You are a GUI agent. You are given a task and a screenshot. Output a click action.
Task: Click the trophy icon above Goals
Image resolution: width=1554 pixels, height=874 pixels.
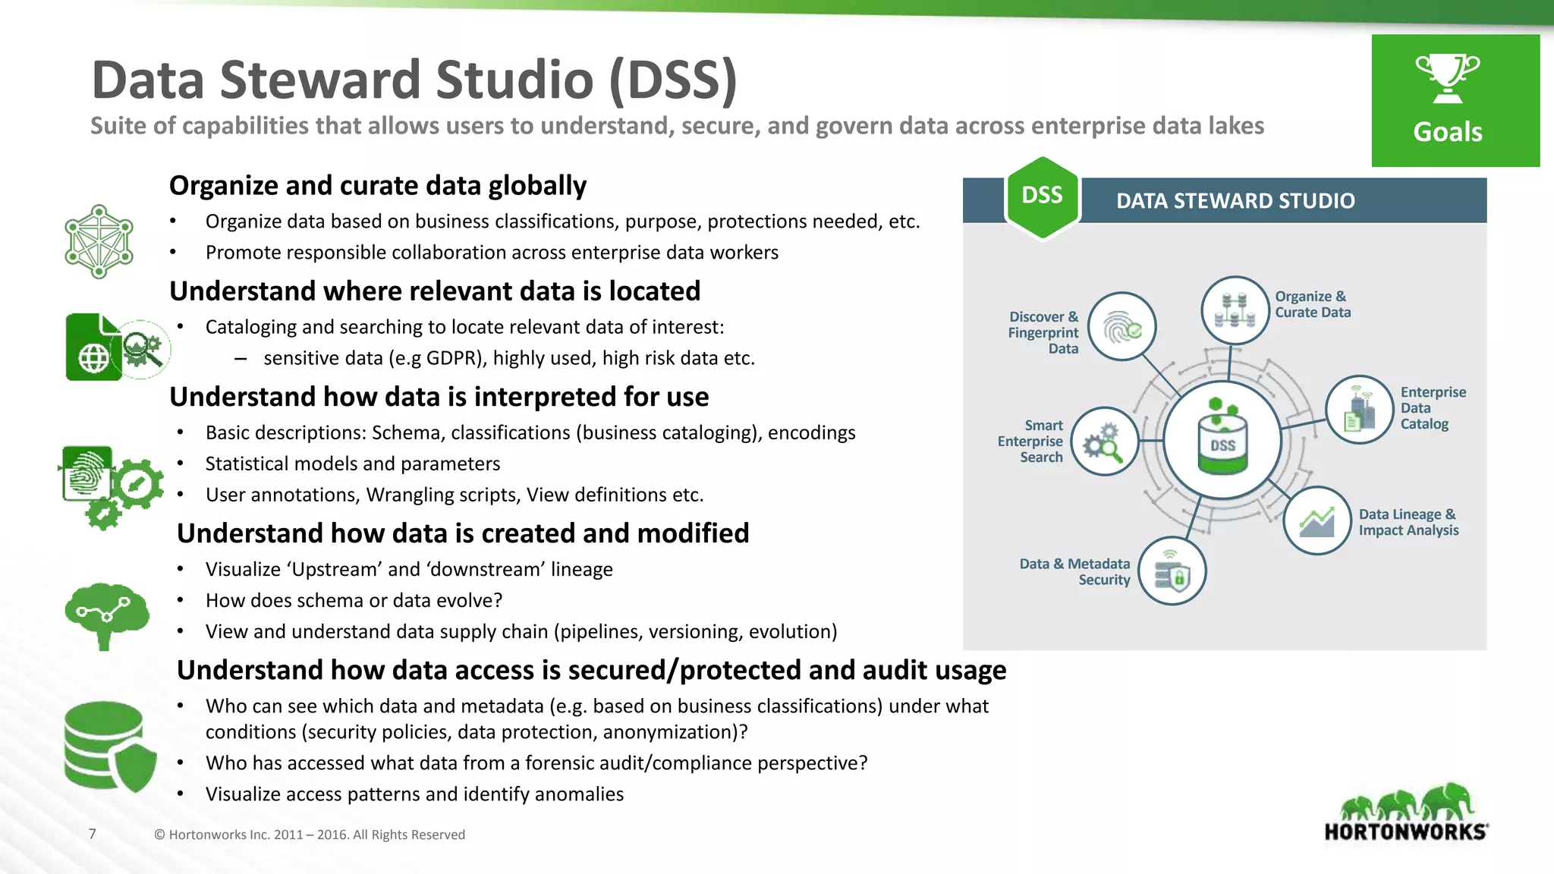1447,78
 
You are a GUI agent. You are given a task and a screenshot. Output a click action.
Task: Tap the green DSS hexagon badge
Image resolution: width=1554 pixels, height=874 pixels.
1042,196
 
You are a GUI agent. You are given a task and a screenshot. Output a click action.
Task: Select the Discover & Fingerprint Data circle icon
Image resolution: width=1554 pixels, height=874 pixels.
1121,327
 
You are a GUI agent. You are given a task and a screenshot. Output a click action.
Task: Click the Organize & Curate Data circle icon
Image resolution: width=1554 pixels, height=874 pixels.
1235,310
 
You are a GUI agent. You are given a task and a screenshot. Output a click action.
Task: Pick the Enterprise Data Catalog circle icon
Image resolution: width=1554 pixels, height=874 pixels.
1359,410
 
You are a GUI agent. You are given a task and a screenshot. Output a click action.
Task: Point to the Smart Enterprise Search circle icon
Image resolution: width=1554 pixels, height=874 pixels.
1104,442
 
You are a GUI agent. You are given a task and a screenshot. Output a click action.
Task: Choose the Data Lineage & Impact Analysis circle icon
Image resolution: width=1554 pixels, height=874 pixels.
1317,520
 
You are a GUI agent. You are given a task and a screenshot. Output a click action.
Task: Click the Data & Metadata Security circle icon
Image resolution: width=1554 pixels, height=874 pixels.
1172,571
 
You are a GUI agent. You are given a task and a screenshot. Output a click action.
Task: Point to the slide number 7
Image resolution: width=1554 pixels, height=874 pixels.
93,834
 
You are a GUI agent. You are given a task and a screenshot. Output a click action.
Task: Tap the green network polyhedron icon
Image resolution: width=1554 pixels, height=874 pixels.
99,241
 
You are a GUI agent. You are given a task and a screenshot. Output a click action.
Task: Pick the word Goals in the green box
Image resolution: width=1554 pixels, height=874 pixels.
1447,132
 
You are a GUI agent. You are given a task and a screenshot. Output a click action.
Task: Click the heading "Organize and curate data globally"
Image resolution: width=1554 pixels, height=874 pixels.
378,186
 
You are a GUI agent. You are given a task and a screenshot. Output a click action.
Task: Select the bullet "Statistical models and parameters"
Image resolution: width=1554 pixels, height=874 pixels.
353,464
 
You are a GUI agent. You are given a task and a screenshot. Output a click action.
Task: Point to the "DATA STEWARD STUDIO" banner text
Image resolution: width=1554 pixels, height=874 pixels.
1235,201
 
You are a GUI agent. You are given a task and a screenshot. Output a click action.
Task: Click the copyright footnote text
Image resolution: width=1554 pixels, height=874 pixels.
310,835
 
